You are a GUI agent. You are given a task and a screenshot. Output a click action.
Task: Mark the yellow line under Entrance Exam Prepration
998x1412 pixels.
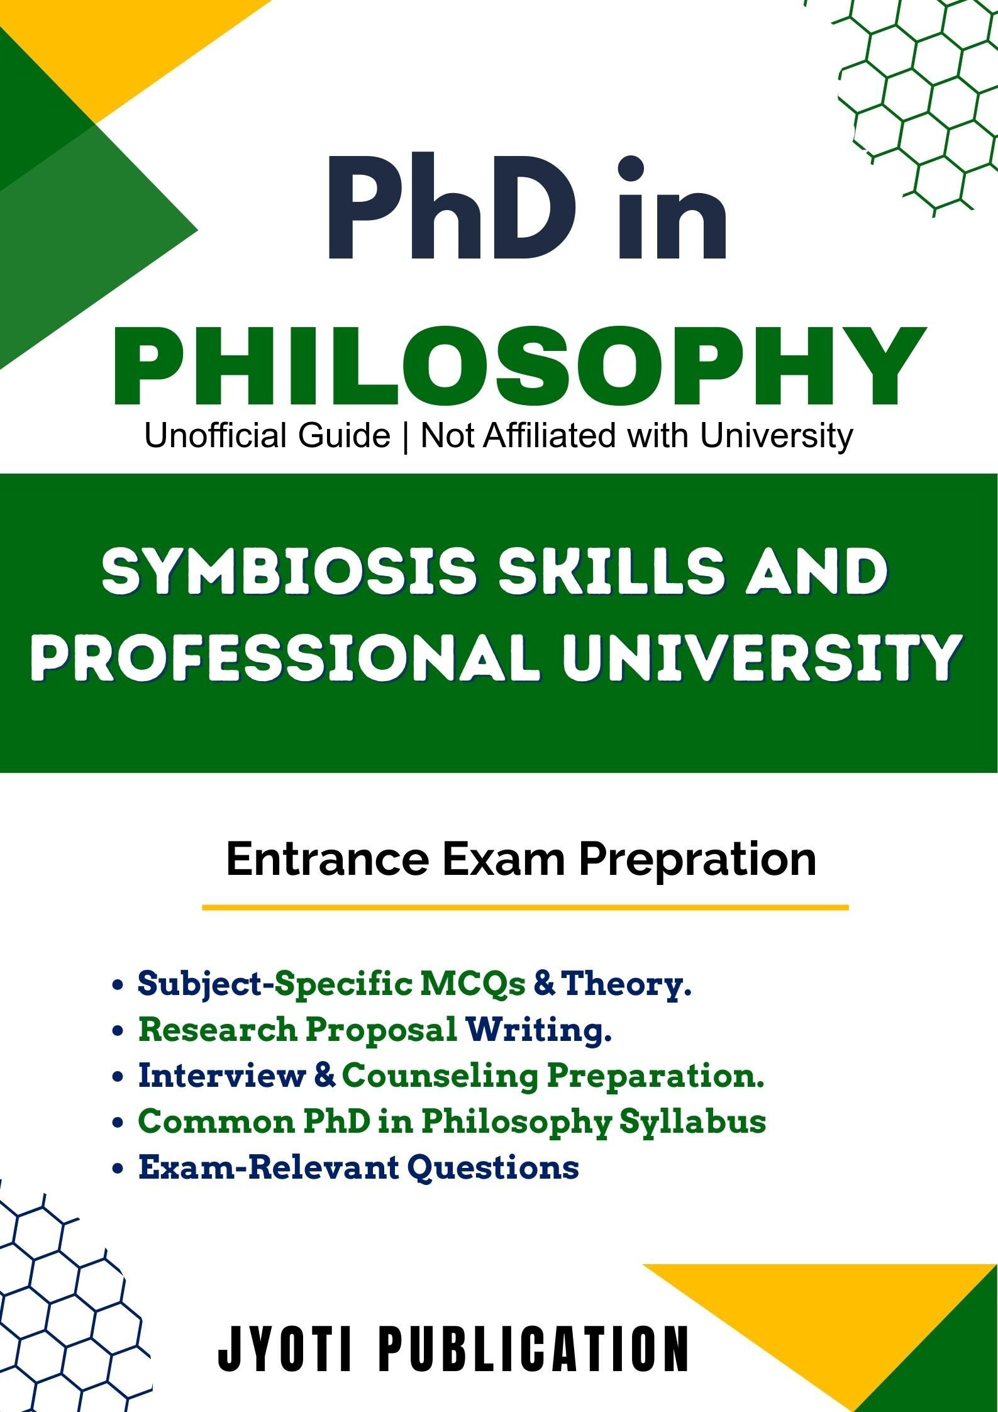coord(525,908)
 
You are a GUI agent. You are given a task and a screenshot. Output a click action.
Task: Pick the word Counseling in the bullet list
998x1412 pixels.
coord(440,1076)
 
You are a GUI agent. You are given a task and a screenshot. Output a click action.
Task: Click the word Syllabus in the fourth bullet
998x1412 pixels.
coord(693,1122)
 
